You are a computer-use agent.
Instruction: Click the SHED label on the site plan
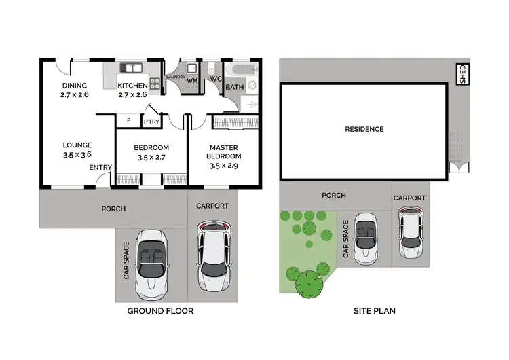tap(464, 75)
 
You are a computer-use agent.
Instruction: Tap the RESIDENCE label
tap(364, 129)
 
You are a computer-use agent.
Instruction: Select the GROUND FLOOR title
tap(161, 311)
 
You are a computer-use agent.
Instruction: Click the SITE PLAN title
tap(375, 311)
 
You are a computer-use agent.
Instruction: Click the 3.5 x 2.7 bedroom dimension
tap(151, 157)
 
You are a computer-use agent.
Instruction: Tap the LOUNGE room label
tap(77, 145)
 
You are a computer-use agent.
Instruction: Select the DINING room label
tap(74, 86)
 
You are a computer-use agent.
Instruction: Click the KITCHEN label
tap(132, 86)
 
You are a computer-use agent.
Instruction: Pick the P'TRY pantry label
tap(150, 122)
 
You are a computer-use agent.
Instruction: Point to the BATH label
tap(234, 87)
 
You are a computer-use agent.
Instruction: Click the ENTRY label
tap(100, 167)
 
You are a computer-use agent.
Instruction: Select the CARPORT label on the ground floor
tap(212, 206)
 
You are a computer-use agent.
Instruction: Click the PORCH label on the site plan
tap(333, 196)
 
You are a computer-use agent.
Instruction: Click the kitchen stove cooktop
tap(155, 85)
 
